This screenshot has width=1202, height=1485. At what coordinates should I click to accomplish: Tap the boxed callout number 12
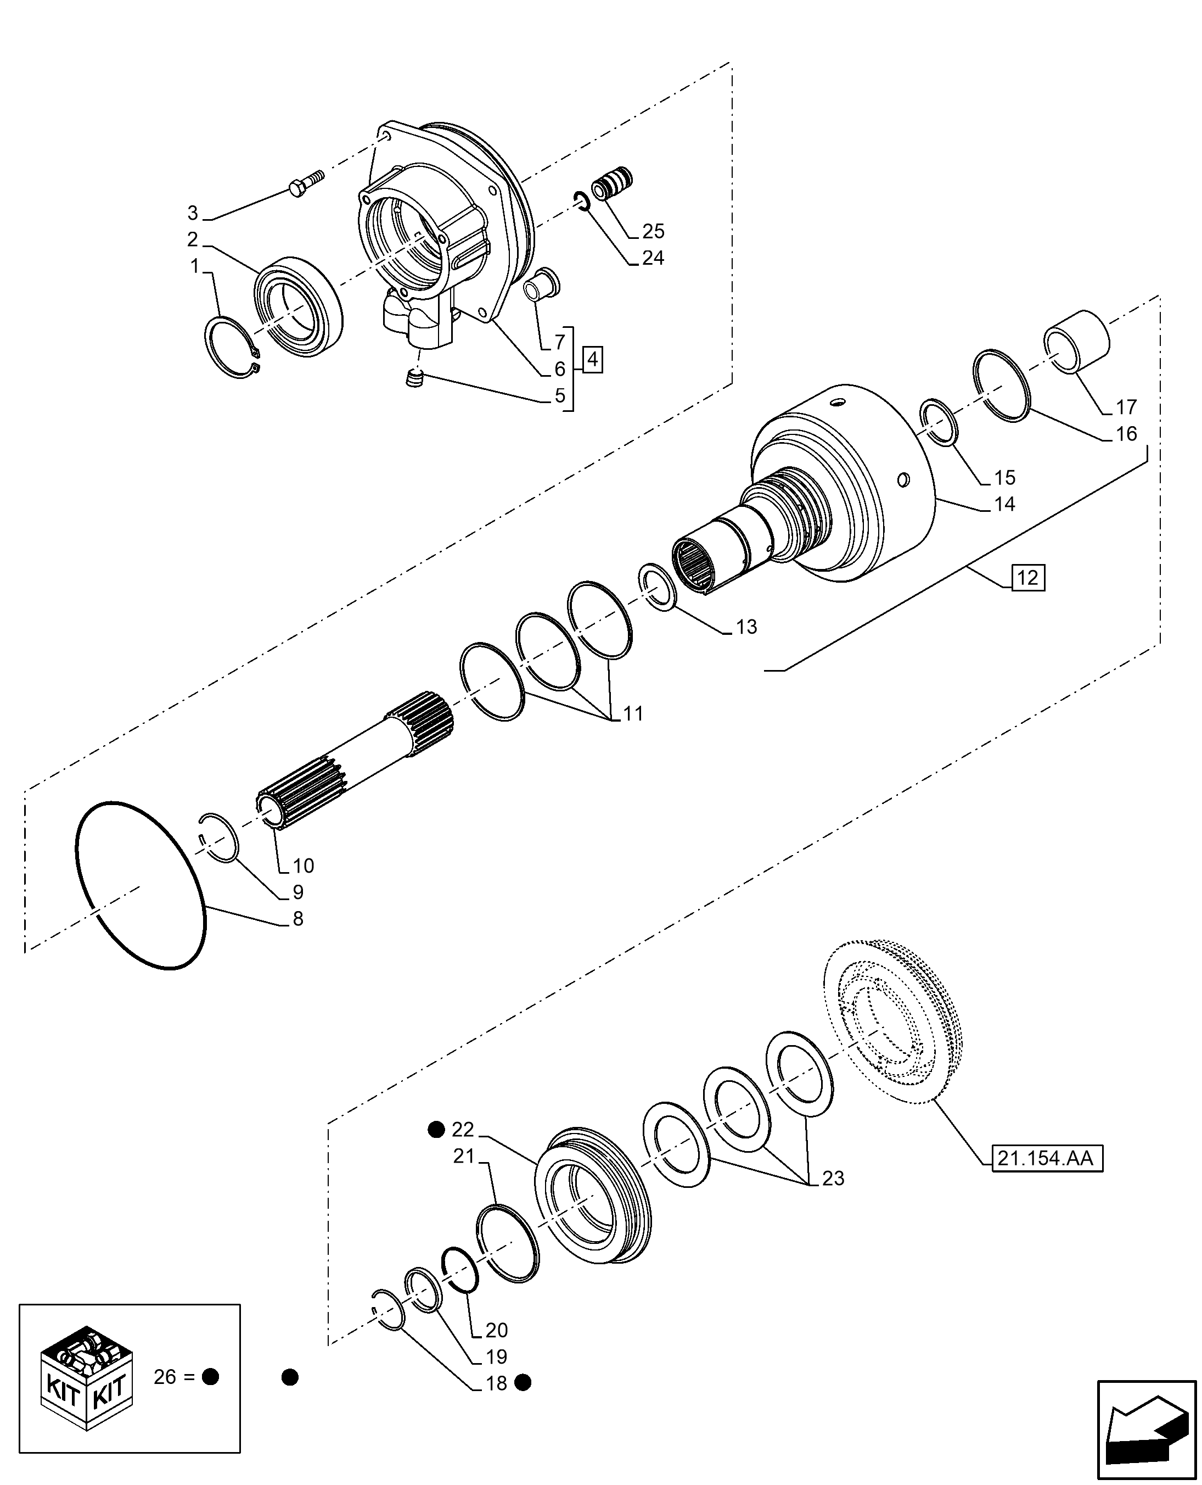pos(1028,578)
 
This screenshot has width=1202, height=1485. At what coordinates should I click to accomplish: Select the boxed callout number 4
pos(593,360)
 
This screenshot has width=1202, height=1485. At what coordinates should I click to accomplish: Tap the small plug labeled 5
pos(414,378)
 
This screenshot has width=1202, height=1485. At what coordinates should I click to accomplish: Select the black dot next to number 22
pos(436,1130)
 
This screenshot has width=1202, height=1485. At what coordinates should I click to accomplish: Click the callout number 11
pos(633,713)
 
